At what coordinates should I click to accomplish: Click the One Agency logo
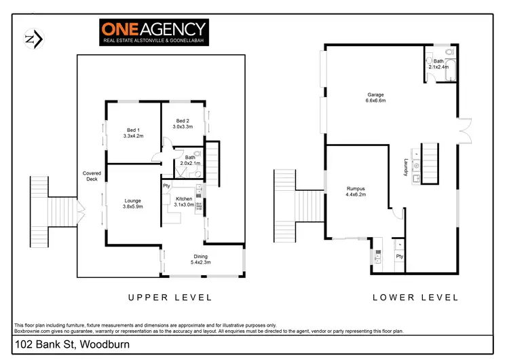[154, 32]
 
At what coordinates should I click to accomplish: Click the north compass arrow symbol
[33, 39]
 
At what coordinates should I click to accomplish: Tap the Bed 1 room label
[133, 133]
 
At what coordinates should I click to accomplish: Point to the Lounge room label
[132, 203]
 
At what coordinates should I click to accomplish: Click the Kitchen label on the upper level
[184, 201]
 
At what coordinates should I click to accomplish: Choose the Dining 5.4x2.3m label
[201, 258]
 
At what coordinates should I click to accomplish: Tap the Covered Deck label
[92, 177]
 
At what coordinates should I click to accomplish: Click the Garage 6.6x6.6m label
[376, 97]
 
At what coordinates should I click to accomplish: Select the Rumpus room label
[356, 192]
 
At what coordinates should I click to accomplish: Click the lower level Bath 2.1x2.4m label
[439, 64]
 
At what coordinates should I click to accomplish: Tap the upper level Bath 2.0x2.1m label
[189, 160]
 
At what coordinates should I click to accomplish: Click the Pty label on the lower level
[400, 256]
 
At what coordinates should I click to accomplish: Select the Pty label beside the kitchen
[166, 185]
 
